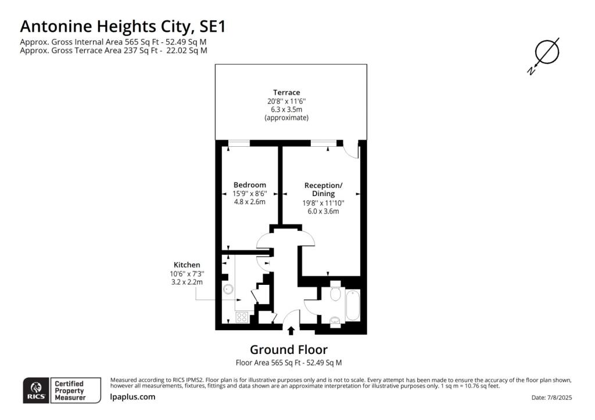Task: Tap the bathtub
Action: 353,305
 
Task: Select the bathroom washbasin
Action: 335,322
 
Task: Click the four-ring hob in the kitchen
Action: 242,317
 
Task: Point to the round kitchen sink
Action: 228,289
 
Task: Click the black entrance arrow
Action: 291,331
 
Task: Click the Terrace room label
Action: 286,92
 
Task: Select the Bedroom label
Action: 250,185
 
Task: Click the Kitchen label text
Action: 187,265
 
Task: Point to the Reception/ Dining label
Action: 323,189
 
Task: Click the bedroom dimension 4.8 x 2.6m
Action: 250,202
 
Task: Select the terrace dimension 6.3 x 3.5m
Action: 286,110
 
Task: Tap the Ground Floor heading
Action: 289,349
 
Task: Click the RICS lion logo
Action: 37,390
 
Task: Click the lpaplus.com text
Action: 132,397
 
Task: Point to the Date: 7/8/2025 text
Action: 552,397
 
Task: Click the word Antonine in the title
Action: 56,27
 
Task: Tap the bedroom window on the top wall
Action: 239,143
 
